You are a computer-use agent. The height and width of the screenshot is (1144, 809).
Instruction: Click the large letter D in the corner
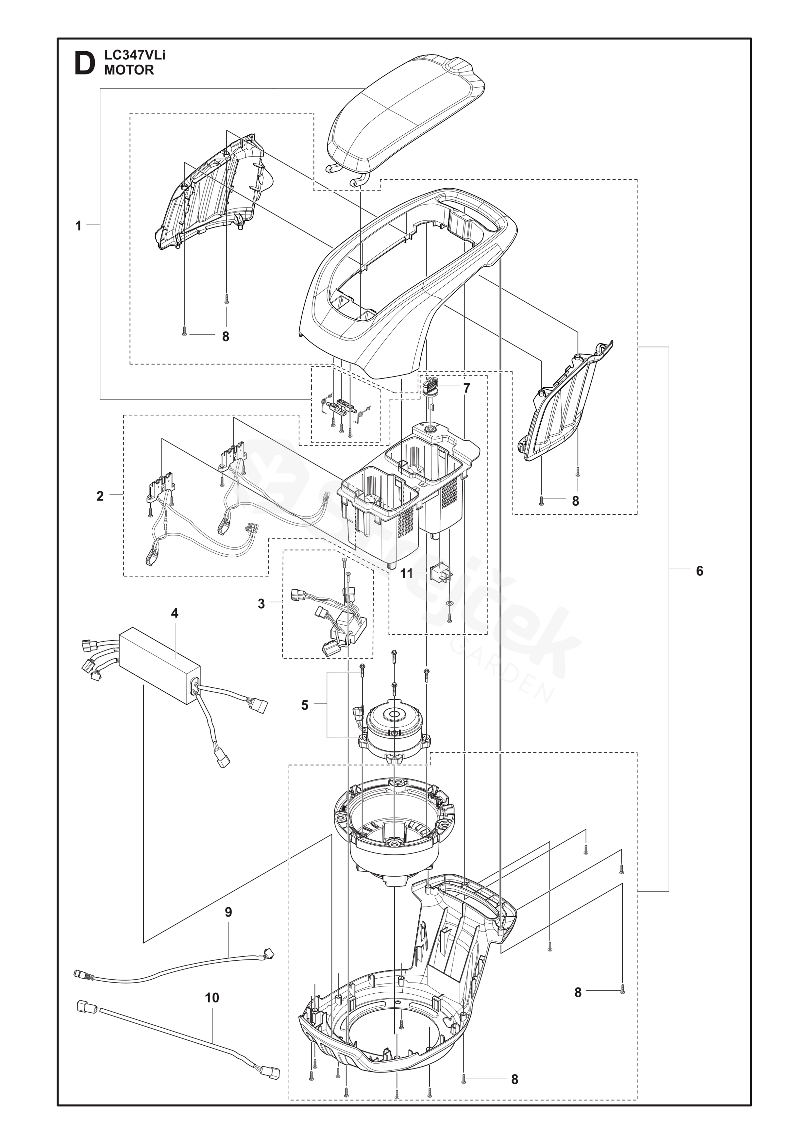click(84, 64)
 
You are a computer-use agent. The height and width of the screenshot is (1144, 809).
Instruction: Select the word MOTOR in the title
click(129, 70)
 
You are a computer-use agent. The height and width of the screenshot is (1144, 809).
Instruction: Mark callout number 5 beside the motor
click(305, 705)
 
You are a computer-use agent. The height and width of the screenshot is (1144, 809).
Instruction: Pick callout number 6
click(699, 571)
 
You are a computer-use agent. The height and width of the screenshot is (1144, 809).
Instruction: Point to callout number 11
click(407, 574)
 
